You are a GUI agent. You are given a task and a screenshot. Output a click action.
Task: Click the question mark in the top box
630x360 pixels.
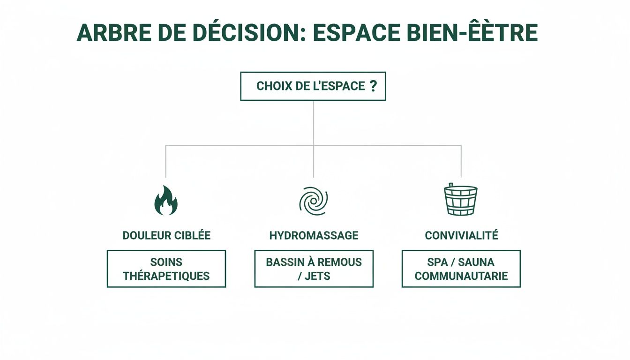click(373, 86)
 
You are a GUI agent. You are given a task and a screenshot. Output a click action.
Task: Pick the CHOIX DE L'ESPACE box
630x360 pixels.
click(313, 86)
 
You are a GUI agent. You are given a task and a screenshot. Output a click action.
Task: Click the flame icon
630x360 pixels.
click(166, 201)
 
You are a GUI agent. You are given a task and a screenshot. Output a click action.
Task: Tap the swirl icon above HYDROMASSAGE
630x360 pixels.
click(313, 201)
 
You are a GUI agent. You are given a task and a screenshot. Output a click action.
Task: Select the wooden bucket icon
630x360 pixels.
click(460, 200)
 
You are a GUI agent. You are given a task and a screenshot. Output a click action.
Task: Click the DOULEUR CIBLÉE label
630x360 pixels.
click(166, 235)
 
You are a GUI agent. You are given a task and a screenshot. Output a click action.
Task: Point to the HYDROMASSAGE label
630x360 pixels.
click(314, 235)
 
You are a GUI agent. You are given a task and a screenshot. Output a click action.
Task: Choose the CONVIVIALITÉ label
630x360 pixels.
click(461, 235)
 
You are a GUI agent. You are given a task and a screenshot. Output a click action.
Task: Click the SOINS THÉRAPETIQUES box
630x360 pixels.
click(166, 269)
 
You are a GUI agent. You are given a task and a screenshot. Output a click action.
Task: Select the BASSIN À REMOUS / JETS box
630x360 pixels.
click(314, 269)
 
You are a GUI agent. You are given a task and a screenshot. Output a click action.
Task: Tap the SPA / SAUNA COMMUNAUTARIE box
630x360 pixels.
click(461, 269)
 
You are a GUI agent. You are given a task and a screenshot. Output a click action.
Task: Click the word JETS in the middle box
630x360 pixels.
click(320, 276)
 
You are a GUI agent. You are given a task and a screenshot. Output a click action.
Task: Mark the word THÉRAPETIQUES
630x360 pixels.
click(166, 276)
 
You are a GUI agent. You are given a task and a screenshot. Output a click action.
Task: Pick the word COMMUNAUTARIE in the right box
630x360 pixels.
click(461, 276)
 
